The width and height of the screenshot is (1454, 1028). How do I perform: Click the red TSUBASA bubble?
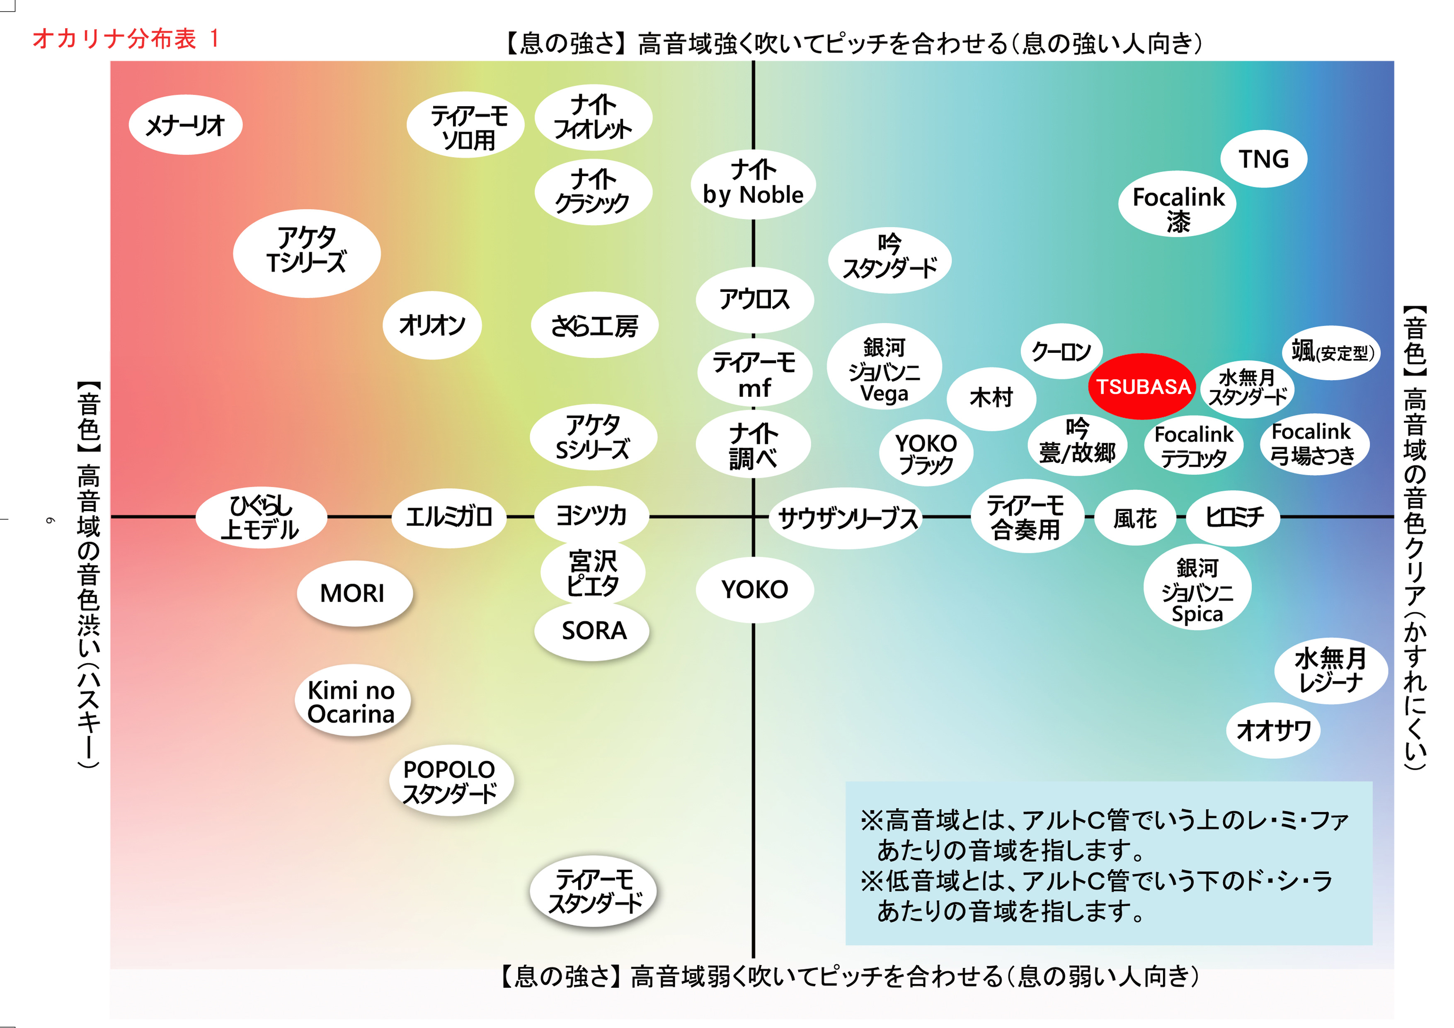[1142, 386]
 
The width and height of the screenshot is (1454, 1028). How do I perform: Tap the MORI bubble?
[354, 593]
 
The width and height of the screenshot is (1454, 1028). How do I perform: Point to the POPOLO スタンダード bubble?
[450, 781]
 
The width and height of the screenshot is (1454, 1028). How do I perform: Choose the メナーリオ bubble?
[185, 125]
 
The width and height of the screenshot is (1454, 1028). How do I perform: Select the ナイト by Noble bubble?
[753, 184]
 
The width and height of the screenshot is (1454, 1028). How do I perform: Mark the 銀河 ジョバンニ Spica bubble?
[1197, 589]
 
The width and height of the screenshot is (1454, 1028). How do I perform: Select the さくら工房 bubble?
[594, 325]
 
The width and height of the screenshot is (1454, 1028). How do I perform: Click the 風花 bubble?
[1135, 518]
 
